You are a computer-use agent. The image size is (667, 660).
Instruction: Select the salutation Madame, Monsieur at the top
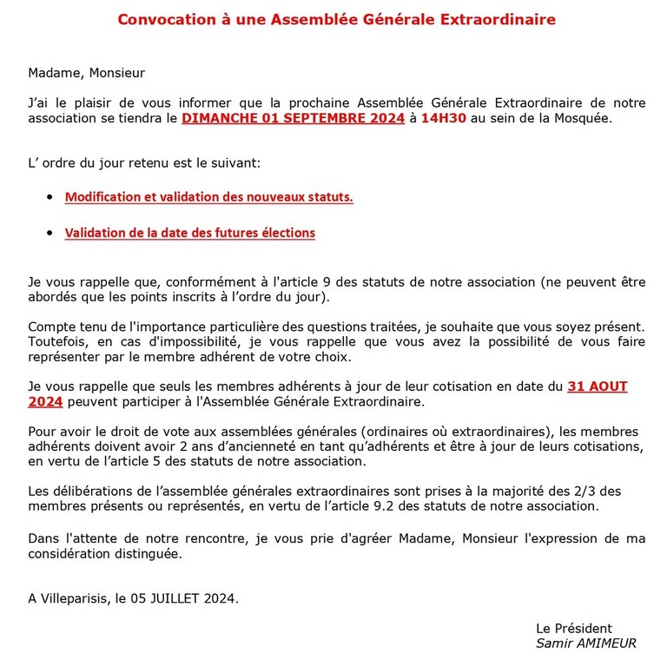coord(86,73)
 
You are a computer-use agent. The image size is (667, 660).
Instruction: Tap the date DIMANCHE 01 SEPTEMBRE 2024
coord(293,119)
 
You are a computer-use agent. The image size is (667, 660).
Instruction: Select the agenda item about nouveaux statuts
coord(208,197)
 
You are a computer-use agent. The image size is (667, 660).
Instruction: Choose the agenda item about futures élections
coord(189,233)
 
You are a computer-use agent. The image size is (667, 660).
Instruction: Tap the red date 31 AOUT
coord(597,386)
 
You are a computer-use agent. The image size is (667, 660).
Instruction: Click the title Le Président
coord(573,628)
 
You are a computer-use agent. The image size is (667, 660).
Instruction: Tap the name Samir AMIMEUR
coord(585,643)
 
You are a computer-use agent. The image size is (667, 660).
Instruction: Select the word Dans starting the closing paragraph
coord(43,538)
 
